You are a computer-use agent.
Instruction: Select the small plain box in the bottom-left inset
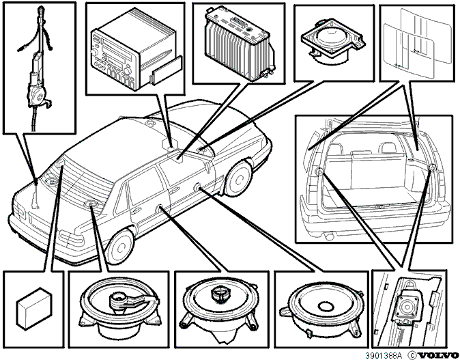pyautogui.click(x=35, y=307)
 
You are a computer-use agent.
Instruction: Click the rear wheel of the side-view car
pyautogui.click(x=119, y=247)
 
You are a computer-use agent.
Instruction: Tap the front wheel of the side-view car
pyautogui.click(x=238, y=178)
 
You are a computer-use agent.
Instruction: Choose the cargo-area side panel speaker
pyautogui.click(x=408, y=305)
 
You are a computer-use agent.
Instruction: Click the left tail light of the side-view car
pyautogui.click(x=71, y=238)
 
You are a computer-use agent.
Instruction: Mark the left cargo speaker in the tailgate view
pyautogui.click(x=319, y=171)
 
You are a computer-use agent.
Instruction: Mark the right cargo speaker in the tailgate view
pyautogui.click(x=432, y=168)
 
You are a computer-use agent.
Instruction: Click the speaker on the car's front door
pyautogui.click(x=197, y=186)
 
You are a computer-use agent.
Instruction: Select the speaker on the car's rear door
pyautogui.click(x=160, y=208)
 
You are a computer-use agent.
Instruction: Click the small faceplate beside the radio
pyautogui.click(x=166, y=70)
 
